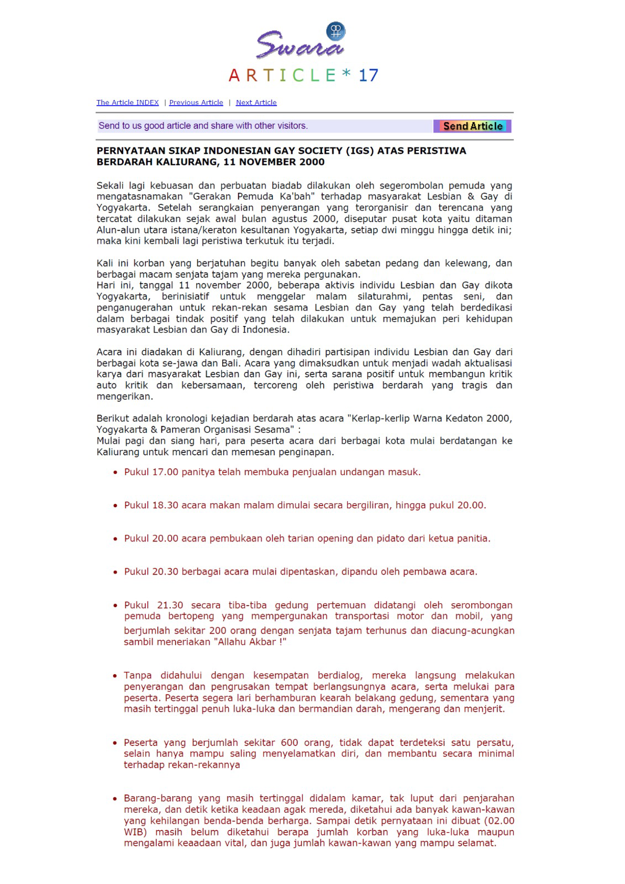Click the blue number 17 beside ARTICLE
pos(368,75)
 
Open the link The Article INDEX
pos(128,102)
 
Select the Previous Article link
pos(196,102)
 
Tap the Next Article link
pos(256,102)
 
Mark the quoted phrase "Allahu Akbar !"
pos(250,642)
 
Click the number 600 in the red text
pos(290,743)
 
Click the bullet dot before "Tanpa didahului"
pos(115,676)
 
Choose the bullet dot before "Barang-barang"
pos(115,798)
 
